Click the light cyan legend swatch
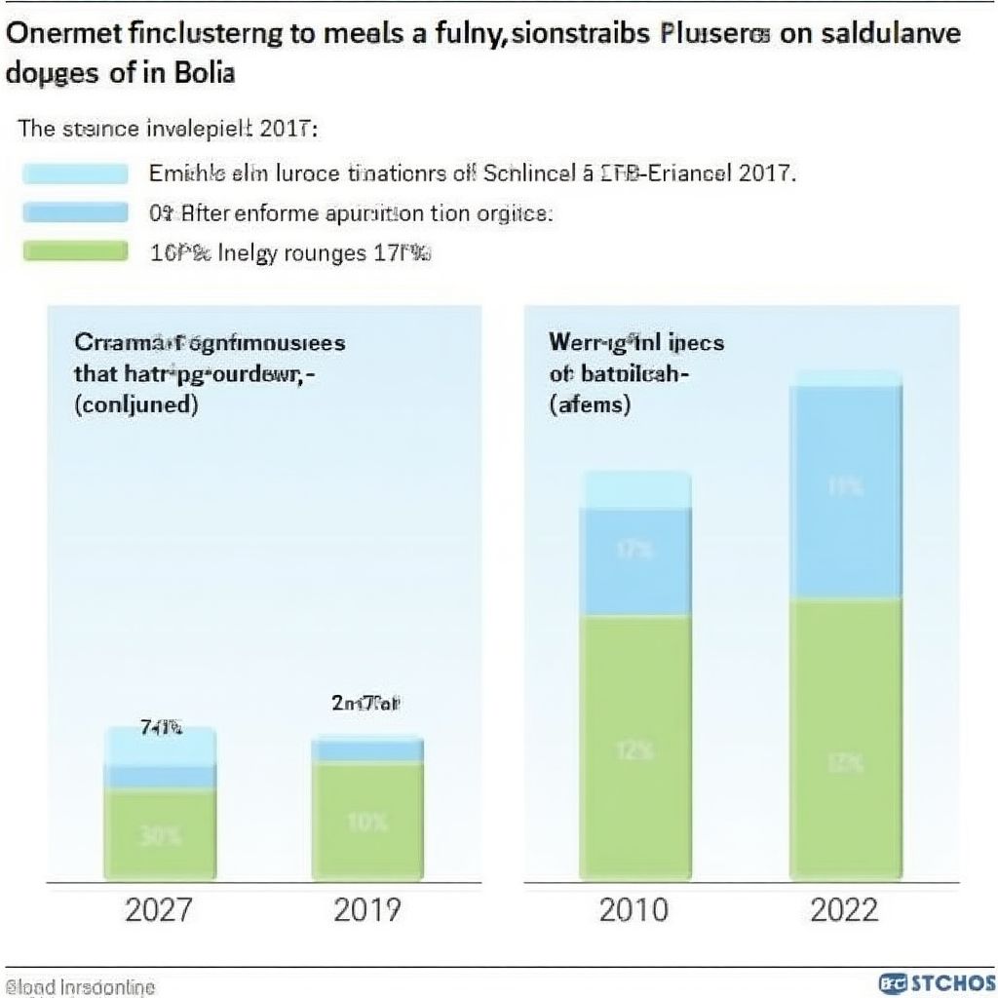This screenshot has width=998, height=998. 75,174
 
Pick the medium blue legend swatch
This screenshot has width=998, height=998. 75,212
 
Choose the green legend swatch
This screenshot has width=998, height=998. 75,252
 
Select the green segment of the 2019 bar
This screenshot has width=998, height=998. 367,821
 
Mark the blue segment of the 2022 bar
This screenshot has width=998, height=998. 844,492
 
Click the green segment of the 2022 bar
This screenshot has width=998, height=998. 844,741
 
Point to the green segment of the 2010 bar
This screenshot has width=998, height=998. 634,748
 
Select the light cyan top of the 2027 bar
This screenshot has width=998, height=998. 160,747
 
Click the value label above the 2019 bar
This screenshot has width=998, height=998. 367,703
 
